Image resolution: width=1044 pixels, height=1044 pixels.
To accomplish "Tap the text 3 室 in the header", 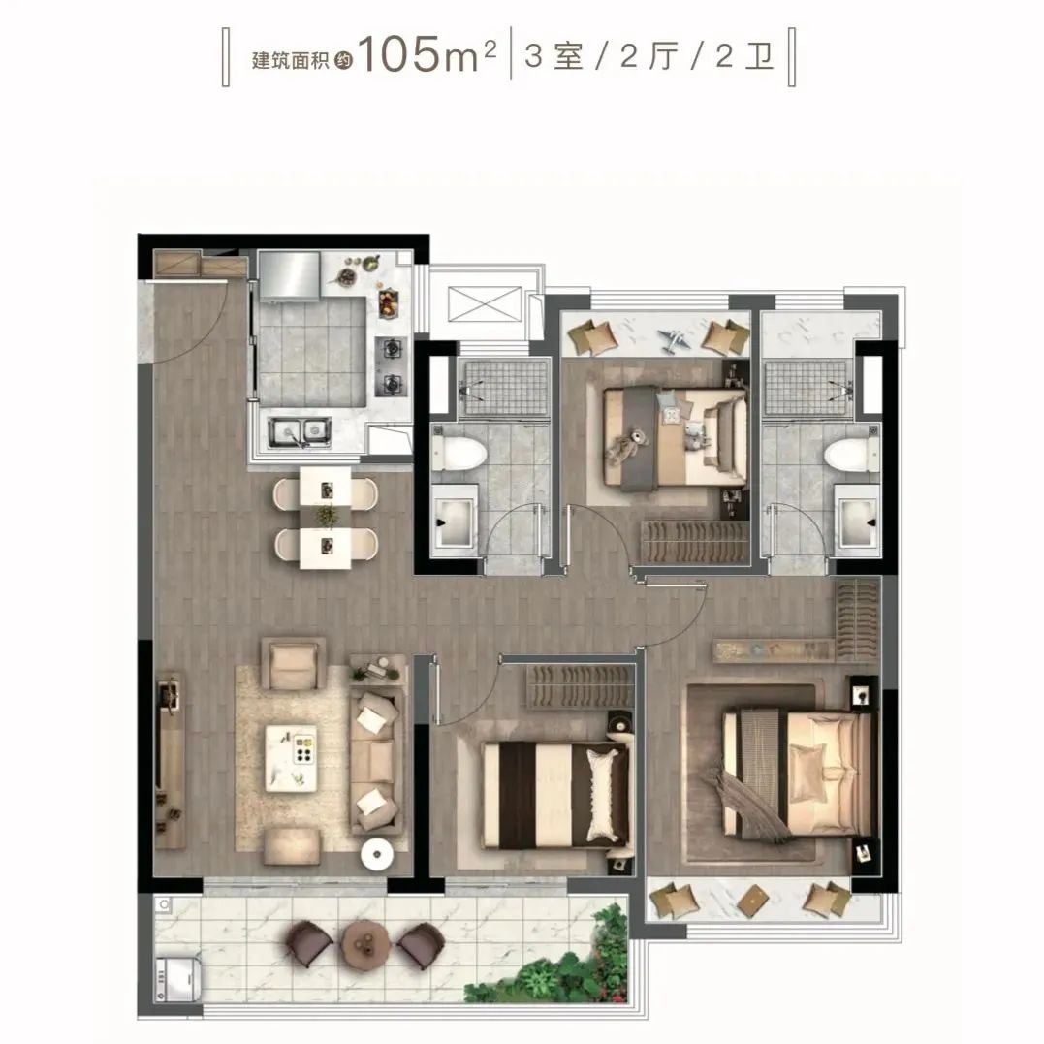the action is (554, 56).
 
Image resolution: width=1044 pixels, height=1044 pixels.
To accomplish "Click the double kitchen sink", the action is (299, 431).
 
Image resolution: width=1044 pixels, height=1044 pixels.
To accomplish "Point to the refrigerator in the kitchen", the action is (289, 275).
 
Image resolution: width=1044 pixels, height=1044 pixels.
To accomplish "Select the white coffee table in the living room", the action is (291, 758).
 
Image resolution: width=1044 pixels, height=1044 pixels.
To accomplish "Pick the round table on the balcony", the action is (364, 941).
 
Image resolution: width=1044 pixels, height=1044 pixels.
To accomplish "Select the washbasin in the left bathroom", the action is (454, 520).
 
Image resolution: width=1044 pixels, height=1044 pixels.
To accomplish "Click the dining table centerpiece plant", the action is (326, 515).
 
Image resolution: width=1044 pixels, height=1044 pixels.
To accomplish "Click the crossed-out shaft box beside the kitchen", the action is (484, 304).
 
